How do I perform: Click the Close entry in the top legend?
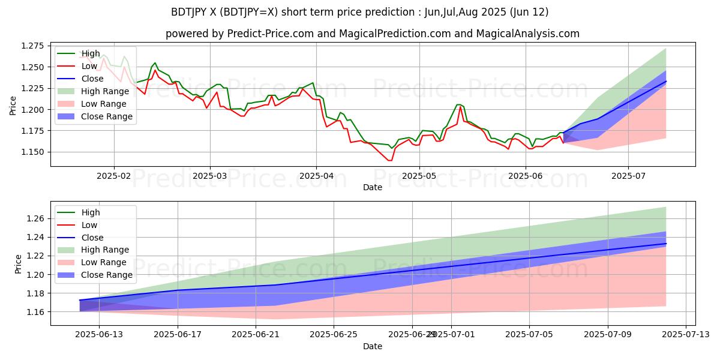tap(92, 79)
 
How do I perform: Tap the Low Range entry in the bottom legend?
tap(103, 262)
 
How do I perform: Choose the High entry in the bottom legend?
tap(90, 212)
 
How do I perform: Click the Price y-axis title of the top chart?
tap(14, 106)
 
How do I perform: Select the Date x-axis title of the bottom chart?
tap(373, 347)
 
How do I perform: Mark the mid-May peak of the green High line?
tap(458, 105)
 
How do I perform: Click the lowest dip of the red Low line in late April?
tap(390, 160)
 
